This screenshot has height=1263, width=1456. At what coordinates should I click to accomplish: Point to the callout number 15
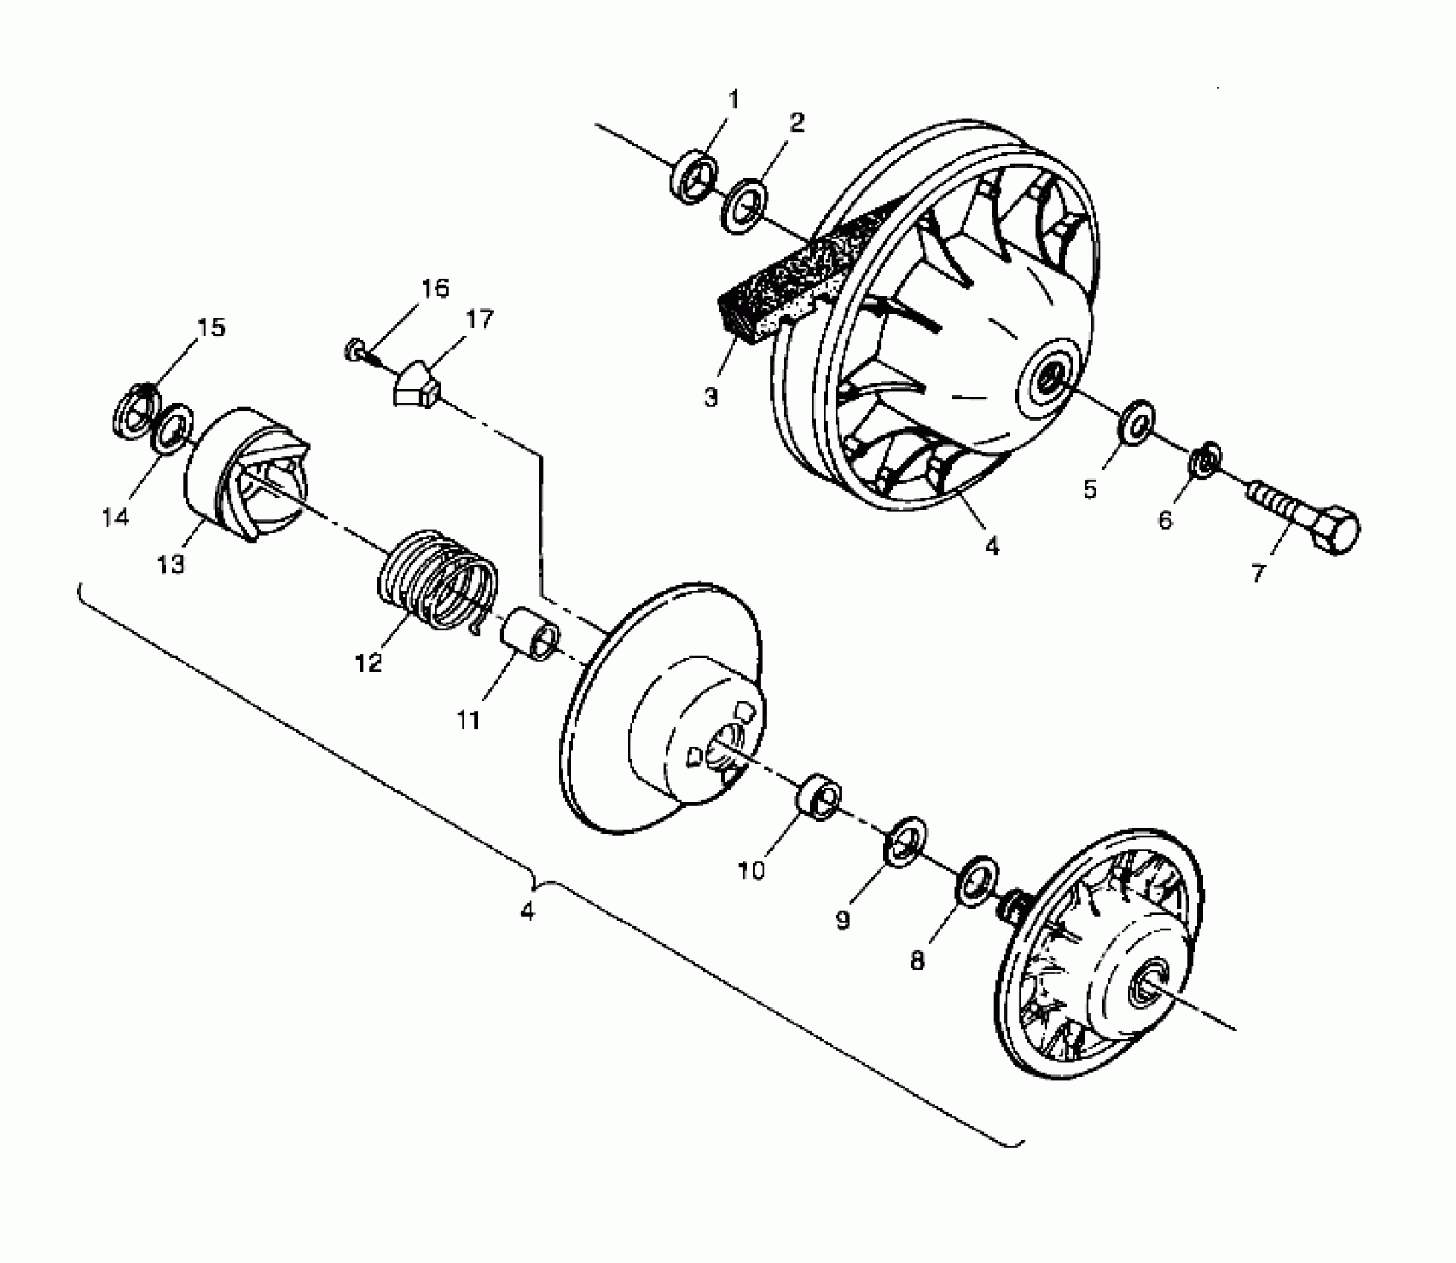tap(211, 327)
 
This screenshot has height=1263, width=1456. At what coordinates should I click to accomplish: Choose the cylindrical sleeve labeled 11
tap(532, 633)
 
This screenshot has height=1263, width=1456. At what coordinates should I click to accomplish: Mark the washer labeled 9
tap(905, 841)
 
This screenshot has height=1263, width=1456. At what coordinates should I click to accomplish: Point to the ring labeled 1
tap(695, 178)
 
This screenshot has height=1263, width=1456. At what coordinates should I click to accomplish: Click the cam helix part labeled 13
tap(245, 475)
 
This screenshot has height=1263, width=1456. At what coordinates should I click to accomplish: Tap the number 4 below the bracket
tap(527, 911)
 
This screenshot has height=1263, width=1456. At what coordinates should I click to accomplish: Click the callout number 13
tap(170, 565)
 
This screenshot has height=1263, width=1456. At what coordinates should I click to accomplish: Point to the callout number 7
tap(1258, 574)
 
